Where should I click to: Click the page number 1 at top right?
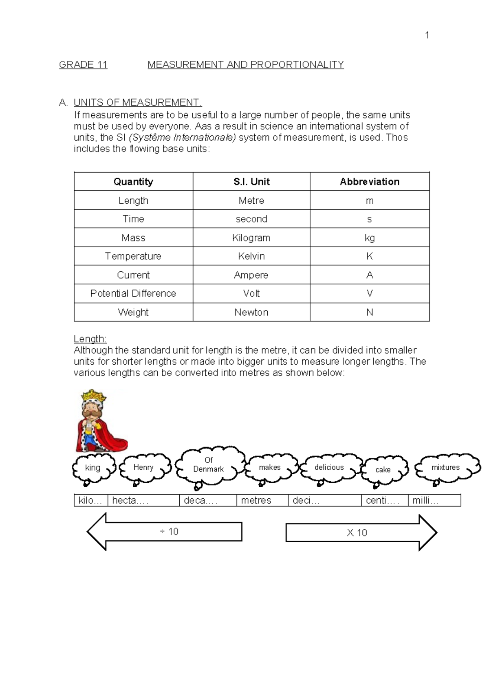click(x=427, y=35)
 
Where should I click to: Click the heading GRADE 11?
click(x=83, y=65)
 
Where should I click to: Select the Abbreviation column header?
click(x=370, y=182)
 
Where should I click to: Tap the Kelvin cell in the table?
click(x=251, y=256)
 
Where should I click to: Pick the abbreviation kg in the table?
click(x=370, y=238)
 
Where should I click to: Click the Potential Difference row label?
click(x=133, y=293)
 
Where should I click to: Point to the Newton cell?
click(x=251, y=312)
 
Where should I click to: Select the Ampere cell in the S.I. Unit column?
click(x=251, y=275)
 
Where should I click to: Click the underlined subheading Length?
click(x=90, y=339)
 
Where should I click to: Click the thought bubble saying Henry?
click(x=144, y=468)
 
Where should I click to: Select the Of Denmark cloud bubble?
click(x=209, y=465)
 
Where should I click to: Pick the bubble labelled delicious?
click(x=329, y=468)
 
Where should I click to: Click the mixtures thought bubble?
click(x=445, y=468)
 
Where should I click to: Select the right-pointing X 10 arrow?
click(x=357, y=533)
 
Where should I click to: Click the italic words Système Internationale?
click(x=182, y=138)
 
